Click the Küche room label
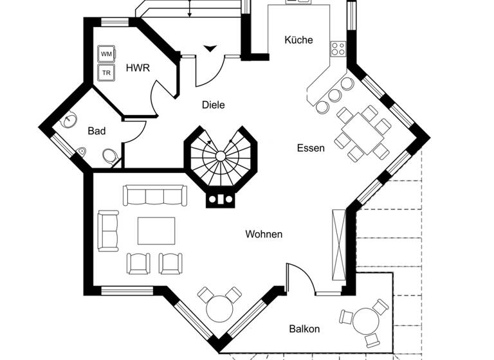298,40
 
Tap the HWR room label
138,68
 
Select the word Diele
213,105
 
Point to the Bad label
96,131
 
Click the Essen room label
311,148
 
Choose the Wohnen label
264,234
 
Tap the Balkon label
304,328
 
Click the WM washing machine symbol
105,53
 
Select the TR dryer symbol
105,73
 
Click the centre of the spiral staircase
221,156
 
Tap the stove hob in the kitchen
338,49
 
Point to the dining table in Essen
363,134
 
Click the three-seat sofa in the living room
155,195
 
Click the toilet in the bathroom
110,156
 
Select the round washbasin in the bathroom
69,122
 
